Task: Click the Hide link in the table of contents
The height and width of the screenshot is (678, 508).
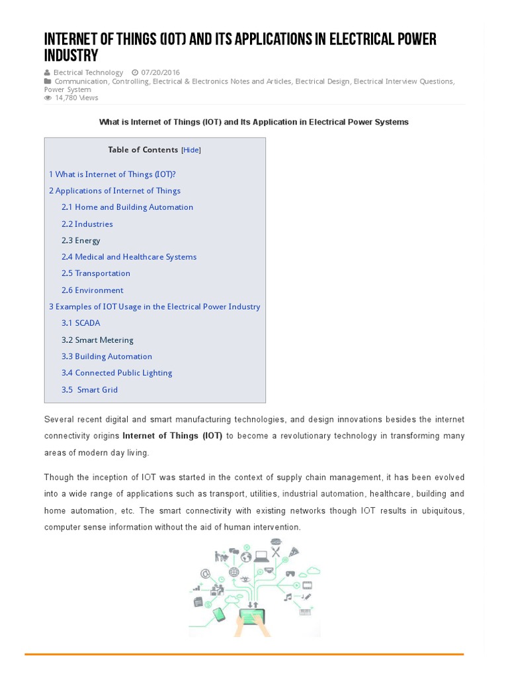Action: [191, 150]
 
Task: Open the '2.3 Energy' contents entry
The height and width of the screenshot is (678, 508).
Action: [81, 240]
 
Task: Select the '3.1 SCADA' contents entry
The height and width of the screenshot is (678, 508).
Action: [81, 323]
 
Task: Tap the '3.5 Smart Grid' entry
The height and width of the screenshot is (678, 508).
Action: [89, 389]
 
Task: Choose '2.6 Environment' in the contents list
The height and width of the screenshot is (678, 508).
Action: [92, 290]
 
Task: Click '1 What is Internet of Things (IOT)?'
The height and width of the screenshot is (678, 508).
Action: [112, 174]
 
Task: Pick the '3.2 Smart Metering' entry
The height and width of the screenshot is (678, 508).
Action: [97, 340]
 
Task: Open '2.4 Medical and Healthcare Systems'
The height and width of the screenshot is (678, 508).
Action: [129, 257]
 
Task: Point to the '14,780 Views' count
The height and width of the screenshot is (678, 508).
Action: [76, 98]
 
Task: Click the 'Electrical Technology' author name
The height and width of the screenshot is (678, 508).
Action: [88, 73]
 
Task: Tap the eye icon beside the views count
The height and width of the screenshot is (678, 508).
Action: [48, 98]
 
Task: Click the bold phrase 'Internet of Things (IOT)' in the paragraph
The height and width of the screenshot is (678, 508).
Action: [172, 436]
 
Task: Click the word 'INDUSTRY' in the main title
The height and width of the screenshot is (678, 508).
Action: [71, 55]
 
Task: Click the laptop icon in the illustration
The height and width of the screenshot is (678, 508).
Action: [261, 556]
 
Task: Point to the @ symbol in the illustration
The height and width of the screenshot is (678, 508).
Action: [205, 574]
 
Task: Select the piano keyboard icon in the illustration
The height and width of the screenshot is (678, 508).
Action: [305, 612]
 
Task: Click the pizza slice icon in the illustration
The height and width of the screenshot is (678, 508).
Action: [294, 552]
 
